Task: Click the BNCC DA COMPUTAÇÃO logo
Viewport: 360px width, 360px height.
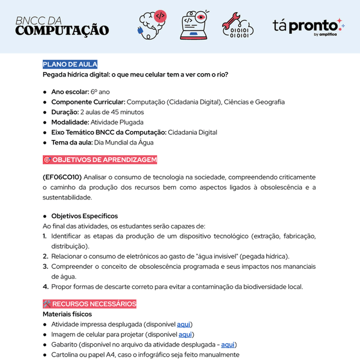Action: (62, 26)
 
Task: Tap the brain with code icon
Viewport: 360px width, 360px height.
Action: (153, 25)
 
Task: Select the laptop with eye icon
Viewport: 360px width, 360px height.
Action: (195, 25)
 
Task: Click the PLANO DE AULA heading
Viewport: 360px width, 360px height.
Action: (70, 64)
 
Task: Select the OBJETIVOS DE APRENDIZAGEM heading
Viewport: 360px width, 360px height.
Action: (100, 160)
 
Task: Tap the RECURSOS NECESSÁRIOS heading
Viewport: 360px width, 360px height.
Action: (89, 304)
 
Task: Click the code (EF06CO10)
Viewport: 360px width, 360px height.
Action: (62, 177)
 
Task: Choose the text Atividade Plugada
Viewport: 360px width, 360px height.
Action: (117, 122)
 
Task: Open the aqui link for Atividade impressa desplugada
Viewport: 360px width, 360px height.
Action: (183, 325)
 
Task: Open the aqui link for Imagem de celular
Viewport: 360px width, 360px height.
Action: (186, 335)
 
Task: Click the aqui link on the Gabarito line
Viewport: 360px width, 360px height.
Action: (228, 345)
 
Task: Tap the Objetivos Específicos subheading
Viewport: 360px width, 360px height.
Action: (84, 216)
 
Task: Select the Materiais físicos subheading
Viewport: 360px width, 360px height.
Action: (67, 314)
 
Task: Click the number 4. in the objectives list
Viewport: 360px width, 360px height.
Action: (46, 287)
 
